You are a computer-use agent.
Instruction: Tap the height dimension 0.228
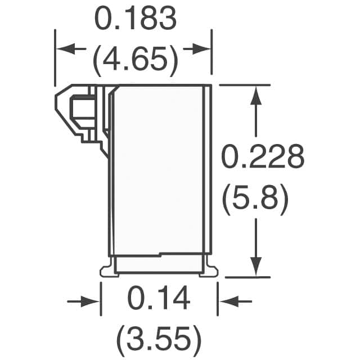tap(263, 157)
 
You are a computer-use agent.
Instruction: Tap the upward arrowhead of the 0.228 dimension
tap(256, 94)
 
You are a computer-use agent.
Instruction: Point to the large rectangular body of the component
tap(160, 169)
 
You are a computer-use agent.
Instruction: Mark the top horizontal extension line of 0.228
tap(242, 85)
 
